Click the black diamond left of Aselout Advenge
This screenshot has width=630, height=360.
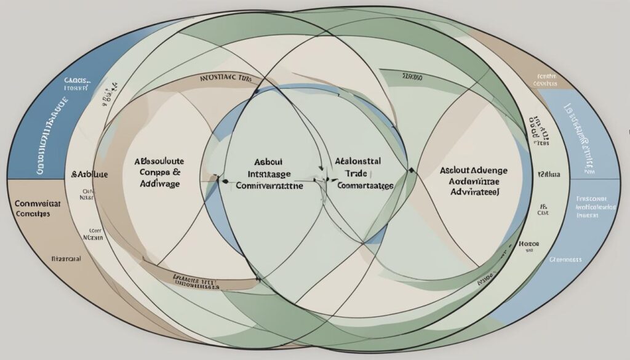coord(411,169)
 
